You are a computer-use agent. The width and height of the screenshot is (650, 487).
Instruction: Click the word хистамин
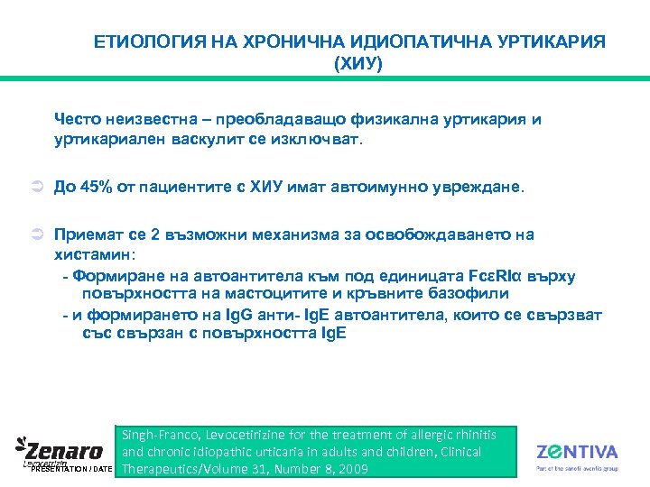click(x=94, y=254)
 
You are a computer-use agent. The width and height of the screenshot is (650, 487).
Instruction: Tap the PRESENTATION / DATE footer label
click(x=71, y=470)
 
